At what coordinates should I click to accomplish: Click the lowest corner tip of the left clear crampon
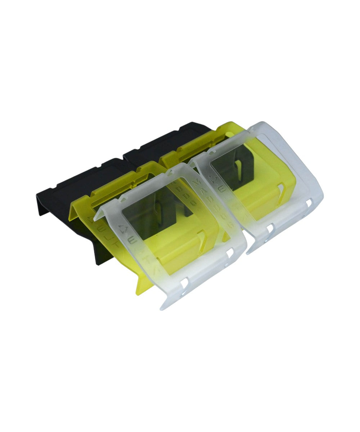pyautogui.click(x=161, y=309)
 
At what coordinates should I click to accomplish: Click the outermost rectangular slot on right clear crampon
pyautogui.click(x=309, y=204)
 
